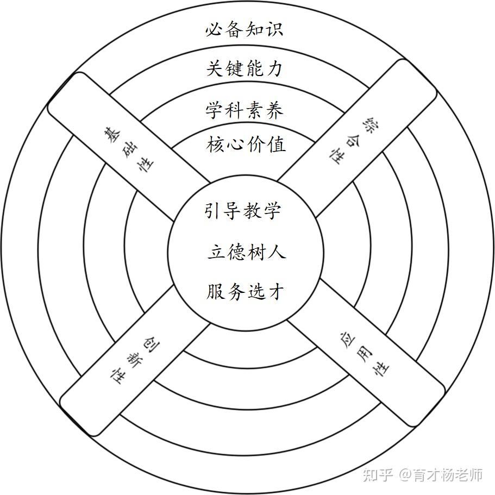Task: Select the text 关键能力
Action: click(245, 69)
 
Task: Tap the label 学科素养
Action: click(245, 110)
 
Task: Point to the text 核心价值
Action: click(246, 145)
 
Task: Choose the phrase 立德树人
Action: click(246, 253)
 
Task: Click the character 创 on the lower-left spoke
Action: click(148, 343)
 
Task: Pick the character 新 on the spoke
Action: click(133, 359)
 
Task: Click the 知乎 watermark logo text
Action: click(377, 475)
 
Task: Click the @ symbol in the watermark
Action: click(405, 475)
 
